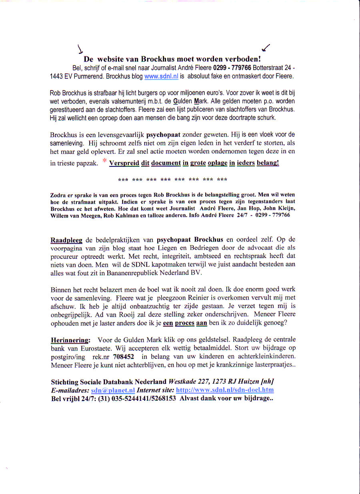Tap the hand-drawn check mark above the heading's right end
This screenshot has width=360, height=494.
point(265,48)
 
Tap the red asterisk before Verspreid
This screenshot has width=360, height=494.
point(104,162)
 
